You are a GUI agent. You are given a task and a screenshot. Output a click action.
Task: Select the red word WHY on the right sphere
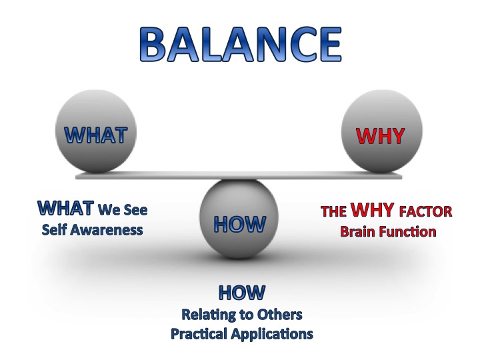click(380, 135)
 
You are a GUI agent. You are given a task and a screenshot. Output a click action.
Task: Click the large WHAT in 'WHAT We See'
click(65, 209)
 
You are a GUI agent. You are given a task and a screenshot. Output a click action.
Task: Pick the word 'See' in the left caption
click(134, 211)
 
